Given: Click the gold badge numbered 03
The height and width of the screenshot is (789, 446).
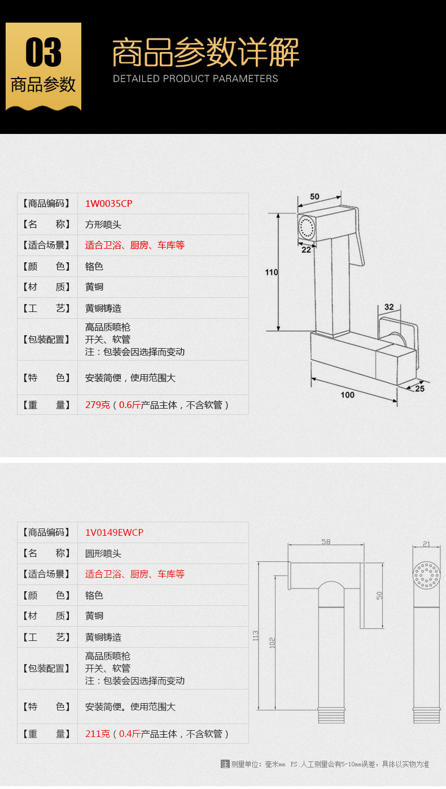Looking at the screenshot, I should point(43,66).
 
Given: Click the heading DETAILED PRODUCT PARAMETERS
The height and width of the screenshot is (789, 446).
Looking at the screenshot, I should point(195,79).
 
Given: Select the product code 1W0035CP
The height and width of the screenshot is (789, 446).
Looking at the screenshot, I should point(108,203).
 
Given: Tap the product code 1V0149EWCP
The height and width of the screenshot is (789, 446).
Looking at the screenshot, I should point(114,532).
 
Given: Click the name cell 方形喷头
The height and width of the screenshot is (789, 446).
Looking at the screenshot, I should point(103,224).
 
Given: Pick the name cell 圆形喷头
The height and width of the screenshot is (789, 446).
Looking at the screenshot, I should point(103,553).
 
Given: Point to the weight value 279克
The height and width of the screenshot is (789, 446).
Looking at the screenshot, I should point(98,405).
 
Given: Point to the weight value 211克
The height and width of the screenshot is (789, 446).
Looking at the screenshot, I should point(98,734).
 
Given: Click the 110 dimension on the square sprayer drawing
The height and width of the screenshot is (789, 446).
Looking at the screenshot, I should point(271,272).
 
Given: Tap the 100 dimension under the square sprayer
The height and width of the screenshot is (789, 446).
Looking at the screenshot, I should point(348,394).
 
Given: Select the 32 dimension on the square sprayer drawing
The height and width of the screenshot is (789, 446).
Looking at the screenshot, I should point(389,307).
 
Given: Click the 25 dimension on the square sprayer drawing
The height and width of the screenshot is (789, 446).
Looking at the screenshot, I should point(419,388).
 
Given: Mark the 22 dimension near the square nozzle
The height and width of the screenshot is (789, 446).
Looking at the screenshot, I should point(306,250).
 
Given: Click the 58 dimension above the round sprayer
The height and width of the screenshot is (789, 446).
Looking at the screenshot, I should point(326,541).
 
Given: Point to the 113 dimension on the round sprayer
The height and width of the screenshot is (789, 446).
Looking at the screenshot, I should point(255,635).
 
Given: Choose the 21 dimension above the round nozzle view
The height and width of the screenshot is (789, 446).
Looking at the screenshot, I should point(426,544).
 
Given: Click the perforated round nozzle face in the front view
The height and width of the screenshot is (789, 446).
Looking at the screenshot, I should point(426,575).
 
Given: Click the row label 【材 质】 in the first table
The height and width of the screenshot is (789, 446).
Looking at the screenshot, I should point(47,287).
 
